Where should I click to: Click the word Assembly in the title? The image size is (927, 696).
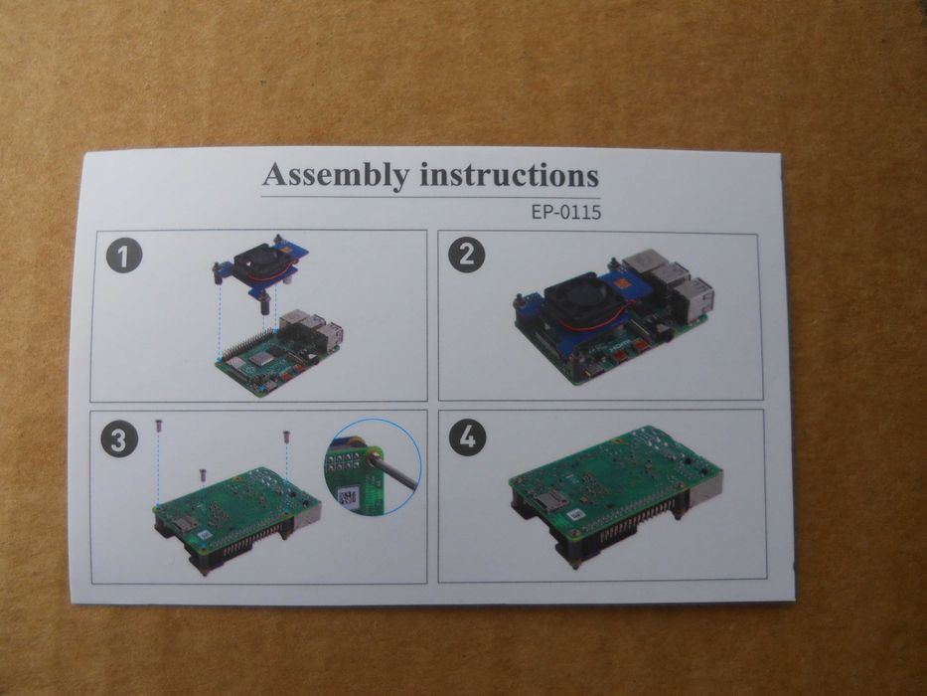336,175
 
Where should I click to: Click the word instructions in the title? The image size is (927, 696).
509,175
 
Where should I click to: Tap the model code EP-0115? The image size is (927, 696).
565,212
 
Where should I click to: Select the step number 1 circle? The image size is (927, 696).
124,257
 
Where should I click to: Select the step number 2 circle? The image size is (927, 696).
466,256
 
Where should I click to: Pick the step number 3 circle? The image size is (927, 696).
119,440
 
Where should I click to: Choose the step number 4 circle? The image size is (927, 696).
467,437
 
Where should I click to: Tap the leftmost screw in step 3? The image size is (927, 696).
158,426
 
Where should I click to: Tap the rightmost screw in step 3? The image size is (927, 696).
287,437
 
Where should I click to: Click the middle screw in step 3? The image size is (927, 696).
202,474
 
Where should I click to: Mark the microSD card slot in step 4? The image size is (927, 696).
551,503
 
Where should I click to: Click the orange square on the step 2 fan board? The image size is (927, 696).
623,284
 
